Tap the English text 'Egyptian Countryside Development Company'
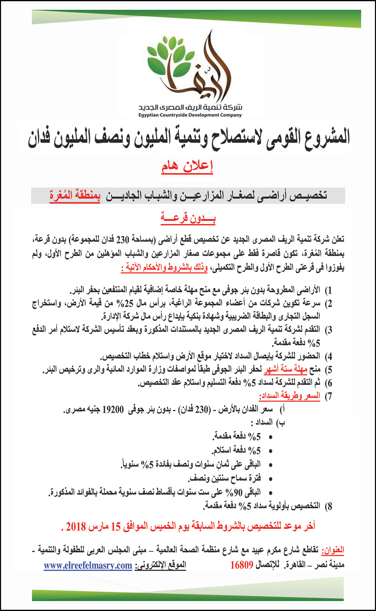pyautogui.click(x=190, y=115)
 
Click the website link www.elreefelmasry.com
pyautogui.click(x=88, y=566)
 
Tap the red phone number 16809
pyautogui.click(x=242, y=565)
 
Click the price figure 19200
pyautogui.click(x=113, y=410)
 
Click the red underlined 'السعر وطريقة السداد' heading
pyautogui.click(x=290, y=396)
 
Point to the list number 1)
pyautogui.click(x=328, y=290)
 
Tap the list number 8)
pyautogui.click(x=328, y=506)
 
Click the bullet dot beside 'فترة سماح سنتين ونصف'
pyautogui.click(x=271, y=479)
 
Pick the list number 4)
pyautogui.click(x=328, y=356)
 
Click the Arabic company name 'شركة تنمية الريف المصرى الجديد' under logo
pyautogui.click(x=190, y=108)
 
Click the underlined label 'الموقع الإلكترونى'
pyautogui.click(x=160, y=566)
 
